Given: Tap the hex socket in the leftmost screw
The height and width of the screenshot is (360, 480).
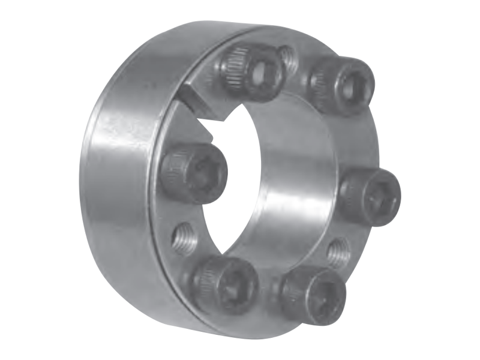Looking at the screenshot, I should tap(205, 174).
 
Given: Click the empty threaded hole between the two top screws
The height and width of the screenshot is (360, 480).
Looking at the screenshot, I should tap(287, 57).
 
